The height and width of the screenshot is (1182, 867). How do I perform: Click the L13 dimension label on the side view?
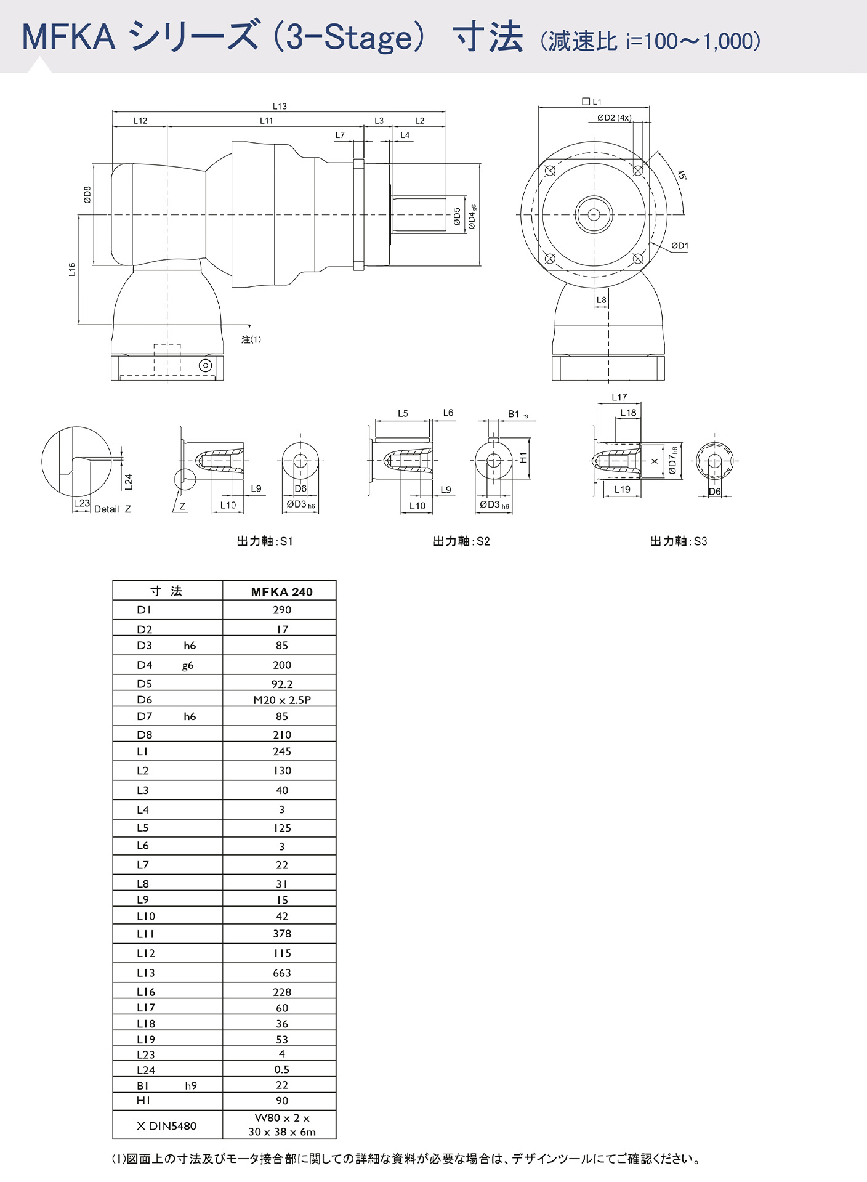tap(280, 106)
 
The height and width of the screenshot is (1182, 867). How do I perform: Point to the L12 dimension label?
tap(140, 121)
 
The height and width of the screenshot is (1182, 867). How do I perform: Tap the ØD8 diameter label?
tap(87, 195)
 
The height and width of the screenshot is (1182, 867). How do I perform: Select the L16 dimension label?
tap(72, 269)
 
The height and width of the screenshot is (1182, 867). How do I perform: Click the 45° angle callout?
tap(682, 176)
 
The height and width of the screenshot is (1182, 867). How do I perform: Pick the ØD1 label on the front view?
tap(680, 246)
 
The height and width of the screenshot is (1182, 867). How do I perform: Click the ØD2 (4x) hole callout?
tap(614, 118)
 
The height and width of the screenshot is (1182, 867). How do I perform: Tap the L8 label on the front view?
tap(601, 300)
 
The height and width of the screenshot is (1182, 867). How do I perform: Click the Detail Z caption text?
tap(112, 509)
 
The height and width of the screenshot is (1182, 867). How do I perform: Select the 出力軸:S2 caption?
tap(461, 541)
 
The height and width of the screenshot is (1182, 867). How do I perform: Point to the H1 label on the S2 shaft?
tap(523, 458)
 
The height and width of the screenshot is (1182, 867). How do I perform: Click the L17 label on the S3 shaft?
tap(619, 397)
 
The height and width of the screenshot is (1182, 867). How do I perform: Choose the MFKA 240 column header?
tap(281, 592)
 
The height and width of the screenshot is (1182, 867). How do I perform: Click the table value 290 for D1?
tap(281, 610)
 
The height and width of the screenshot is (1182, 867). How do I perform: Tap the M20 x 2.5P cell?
tap(281, 700)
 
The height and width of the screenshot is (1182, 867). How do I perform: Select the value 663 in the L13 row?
tap(281, 973)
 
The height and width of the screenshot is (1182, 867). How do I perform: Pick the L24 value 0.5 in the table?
tap(281, 1069)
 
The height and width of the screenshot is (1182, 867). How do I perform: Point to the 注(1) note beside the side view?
tap(251, 339)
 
